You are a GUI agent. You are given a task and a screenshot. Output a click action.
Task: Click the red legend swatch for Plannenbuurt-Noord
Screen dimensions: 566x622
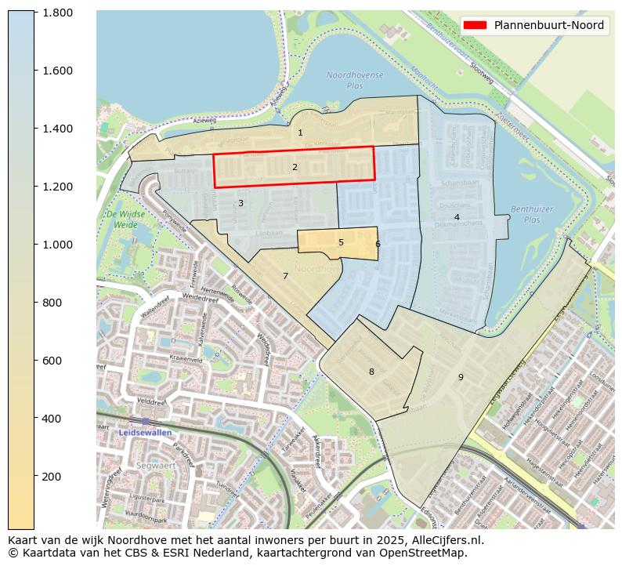pyautogui.click(x=475, y=25)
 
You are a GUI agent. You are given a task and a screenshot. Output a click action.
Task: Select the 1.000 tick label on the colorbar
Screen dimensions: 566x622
pyautogui.click(x=57, y=245)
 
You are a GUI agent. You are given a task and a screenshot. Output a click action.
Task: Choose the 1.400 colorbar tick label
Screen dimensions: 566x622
pyautogui.click(x=57, y=129)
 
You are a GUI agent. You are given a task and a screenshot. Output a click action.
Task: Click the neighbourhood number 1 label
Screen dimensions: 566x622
pyautogui.click(x=300, y=133)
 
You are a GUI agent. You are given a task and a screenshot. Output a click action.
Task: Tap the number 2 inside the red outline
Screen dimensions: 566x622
pyautogui.click(x=295, y=167)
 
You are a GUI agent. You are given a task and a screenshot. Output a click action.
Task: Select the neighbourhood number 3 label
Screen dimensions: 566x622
pyautogui.click(x=240, y=204)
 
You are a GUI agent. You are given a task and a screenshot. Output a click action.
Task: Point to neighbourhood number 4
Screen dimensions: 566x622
pyautogui.click(x=457, y=217)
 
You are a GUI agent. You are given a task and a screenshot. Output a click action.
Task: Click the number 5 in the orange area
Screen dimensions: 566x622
pyautogui.click(x=341, y=243)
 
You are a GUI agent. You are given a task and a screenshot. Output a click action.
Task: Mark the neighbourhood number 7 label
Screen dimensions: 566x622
pyautogui.click(x=285, y=276)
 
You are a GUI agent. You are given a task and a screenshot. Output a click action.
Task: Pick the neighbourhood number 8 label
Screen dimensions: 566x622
pyautogui.click(x=371, y=372)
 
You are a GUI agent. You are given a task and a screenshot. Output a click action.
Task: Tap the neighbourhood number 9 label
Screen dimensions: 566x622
pyautogui.click(x=461, y=378)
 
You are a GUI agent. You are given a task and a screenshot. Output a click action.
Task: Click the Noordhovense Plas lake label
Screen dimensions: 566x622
pyautogui.click(x=355, y=80)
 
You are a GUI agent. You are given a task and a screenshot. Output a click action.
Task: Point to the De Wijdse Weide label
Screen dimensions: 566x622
pyautogui.click(x=121, y=220)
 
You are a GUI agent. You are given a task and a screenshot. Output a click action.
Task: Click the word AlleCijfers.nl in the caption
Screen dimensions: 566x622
pyautogui.click(x=445, y=540)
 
